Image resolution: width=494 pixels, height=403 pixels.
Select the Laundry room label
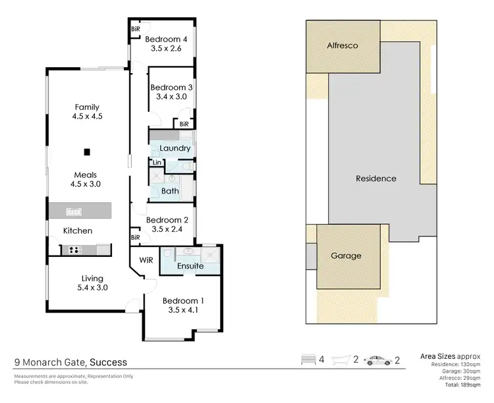tap(175, 148)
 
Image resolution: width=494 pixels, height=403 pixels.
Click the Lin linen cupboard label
tap(157, 162)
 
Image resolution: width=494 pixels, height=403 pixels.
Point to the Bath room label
tap(170, 191)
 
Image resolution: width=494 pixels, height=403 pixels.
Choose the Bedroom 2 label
tap(167, 220)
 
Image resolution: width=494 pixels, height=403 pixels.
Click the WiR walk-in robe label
tap(146, 260)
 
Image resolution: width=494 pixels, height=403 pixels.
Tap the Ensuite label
tap(190, 266)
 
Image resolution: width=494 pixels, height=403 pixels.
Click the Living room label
tap(88, 277)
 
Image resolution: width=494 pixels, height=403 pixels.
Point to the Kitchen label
tap(77, 230)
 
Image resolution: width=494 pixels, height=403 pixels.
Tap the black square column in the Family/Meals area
tap(87, 151)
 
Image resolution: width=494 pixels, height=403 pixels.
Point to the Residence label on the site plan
tap(375, 178)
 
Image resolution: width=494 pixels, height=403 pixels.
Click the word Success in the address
tap(108, 362)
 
